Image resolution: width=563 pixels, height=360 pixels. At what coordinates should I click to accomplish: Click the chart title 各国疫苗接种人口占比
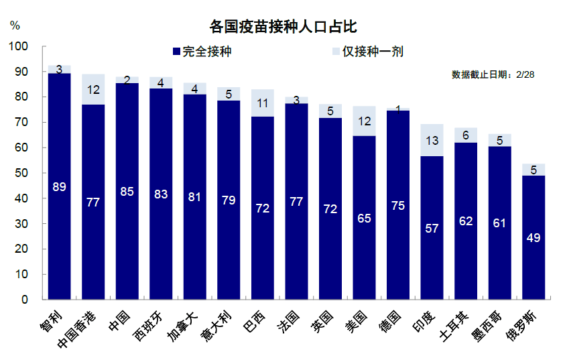click(282, 27)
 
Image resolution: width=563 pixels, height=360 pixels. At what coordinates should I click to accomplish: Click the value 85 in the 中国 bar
click(127, 191)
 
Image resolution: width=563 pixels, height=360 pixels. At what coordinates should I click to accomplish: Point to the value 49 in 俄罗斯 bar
click(534, 237)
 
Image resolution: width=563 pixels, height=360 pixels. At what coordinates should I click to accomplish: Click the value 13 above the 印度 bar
click(432, 140)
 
